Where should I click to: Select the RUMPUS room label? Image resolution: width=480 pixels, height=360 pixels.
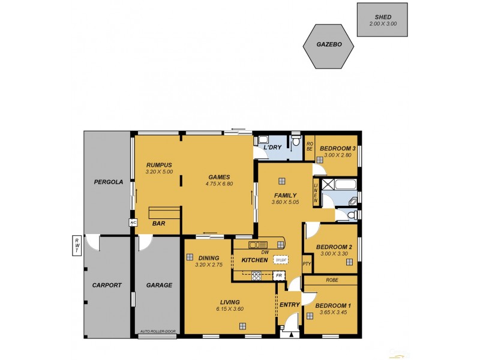[x=159, y=165]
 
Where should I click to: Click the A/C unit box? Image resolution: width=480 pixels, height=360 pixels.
[x=133, y=223]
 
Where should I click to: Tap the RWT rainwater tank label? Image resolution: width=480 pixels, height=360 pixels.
[x=77, y=246]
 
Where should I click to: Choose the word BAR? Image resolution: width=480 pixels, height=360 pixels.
[x=158, y=224]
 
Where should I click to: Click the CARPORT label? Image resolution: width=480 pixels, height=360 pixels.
[x=109, y=286]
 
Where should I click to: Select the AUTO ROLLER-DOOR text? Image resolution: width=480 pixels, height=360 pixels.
[x=158, y=331]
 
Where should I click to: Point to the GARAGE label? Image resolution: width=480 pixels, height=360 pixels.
[x=159, y=286]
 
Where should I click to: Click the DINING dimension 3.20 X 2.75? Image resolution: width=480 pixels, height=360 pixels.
[x=209, y=265]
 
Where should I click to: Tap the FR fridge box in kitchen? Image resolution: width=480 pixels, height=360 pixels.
[x=278, y=275]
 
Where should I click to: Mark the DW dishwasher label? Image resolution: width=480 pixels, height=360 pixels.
[x=265, y=253]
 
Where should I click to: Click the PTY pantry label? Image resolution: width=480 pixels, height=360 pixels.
[x=307, y=263]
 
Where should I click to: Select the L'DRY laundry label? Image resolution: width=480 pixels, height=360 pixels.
[x=273, y=148]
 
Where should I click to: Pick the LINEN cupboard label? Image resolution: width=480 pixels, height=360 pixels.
[x=316, y=193]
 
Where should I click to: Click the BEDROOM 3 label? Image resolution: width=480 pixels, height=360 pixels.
[x=338, y=148]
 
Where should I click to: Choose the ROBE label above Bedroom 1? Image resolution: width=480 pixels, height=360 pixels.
[x=332, y=280]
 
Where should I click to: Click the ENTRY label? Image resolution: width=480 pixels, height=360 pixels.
[x=290, y=305]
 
